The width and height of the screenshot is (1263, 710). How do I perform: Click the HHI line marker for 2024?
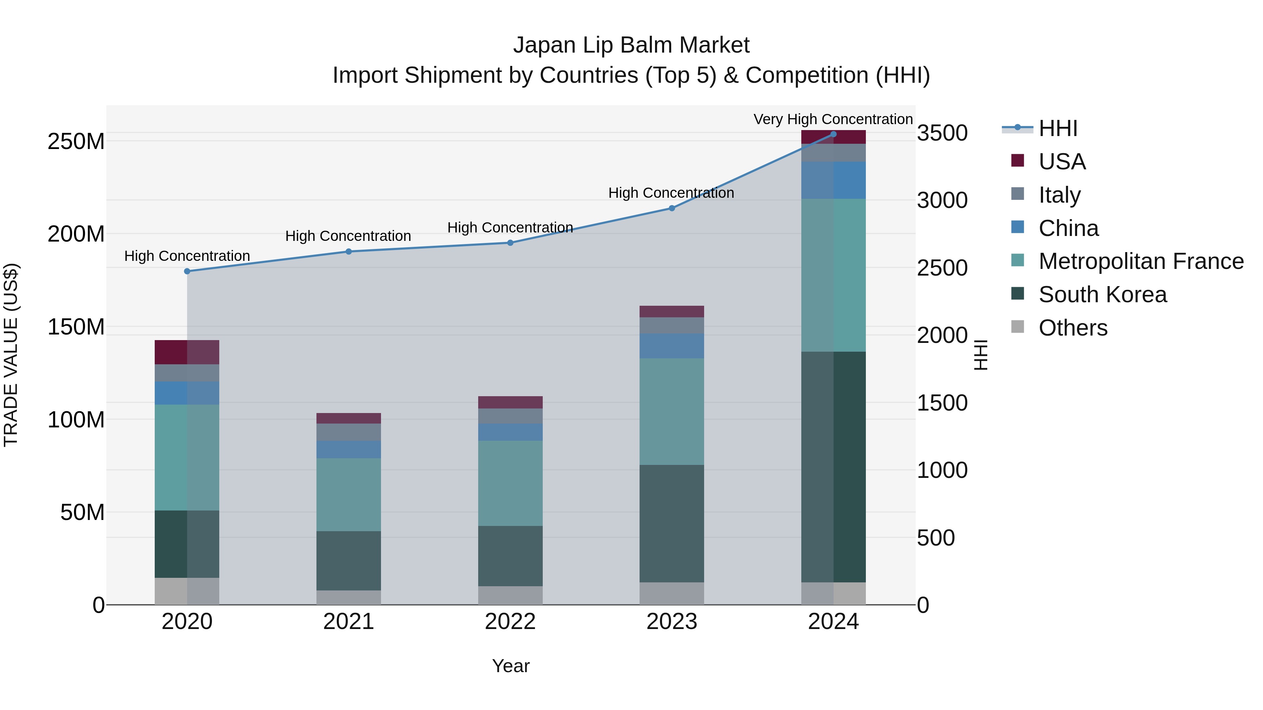(x=833, y=134)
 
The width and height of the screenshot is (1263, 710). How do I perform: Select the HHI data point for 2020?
(x=187, y=271)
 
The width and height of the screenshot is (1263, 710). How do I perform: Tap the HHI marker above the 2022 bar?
(x=510, y=243)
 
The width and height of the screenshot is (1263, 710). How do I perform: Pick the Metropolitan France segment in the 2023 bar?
(x=672, y=411)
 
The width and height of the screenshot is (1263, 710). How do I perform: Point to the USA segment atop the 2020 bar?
(x=187, y=352)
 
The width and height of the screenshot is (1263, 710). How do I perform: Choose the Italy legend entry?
(x=1059, y=195)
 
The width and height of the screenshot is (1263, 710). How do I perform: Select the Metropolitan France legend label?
(x=1141, y=261)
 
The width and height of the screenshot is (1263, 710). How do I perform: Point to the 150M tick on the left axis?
(x=76, y=327)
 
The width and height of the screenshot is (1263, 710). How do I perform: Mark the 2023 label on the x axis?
(x=672, y=622)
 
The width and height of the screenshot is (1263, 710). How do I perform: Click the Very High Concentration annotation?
(x=833, y=119)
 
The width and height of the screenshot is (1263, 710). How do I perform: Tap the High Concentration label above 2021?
(x=348, y=236)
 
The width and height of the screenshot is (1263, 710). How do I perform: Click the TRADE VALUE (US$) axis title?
(x=11, y=355)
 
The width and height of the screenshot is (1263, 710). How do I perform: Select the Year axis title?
(x=510, y=666)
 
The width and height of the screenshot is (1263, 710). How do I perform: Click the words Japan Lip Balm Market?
(x=631, y=45)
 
